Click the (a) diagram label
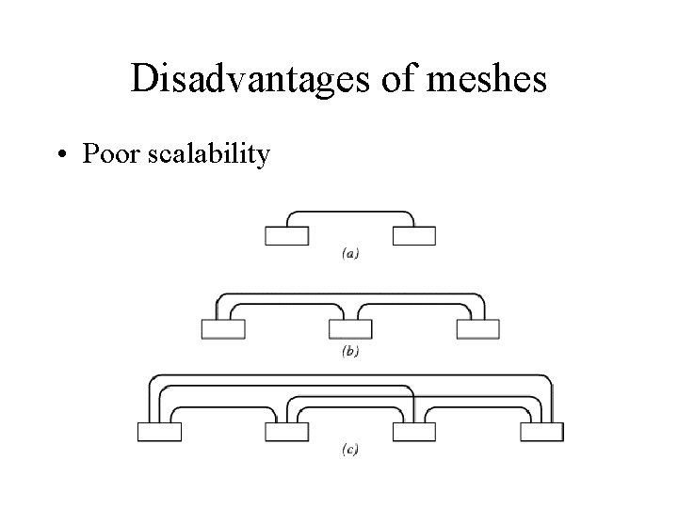pos(349,252)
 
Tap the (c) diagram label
pos(349,452)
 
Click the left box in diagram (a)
pos(286,236)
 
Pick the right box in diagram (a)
pos(413,236)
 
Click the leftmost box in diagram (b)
pos(223,329)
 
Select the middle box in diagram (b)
pos(350,329)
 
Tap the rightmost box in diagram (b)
pos(477,329)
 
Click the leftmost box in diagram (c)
pos(159,432)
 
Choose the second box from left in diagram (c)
pos(286,432)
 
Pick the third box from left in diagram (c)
pos(413,432)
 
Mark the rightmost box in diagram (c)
pos(541,432)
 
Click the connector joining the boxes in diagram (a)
pos(349,212)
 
